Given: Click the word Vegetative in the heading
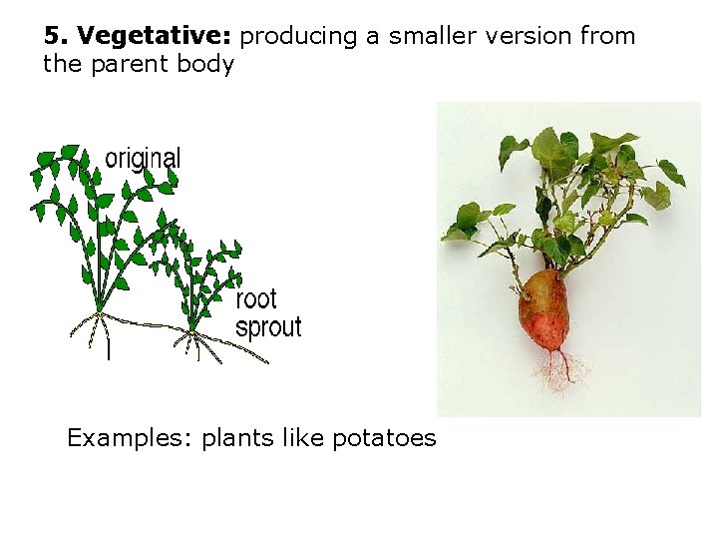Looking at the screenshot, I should click(154, 37).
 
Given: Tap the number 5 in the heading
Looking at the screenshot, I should click(51, 37).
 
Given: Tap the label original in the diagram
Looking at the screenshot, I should click(144, 158).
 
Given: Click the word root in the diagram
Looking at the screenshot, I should click(256, 298).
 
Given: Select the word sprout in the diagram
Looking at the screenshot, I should click(267, 326).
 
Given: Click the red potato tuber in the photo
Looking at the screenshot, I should click(544, 309).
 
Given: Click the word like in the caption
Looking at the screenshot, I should click(300, 439).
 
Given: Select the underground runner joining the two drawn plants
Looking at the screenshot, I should click(150, 322).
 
